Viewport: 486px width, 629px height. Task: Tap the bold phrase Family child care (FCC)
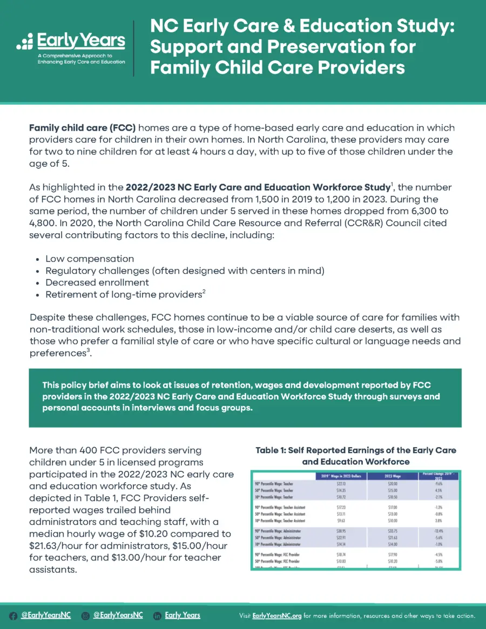[82, 128]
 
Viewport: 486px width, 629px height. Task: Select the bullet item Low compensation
[90, 259]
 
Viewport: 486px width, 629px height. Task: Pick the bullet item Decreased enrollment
[97, 282]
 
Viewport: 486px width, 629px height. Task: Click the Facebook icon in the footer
[13, 616]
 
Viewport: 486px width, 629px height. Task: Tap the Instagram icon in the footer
[85, 616]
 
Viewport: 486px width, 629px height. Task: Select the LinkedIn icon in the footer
[157, 616]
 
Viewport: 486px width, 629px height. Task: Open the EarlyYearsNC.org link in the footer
[276, 616]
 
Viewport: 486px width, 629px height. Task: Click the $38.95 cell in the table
[340, 531]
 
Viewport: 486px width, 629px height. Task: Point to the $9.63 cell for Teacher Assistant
[340, 520]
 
